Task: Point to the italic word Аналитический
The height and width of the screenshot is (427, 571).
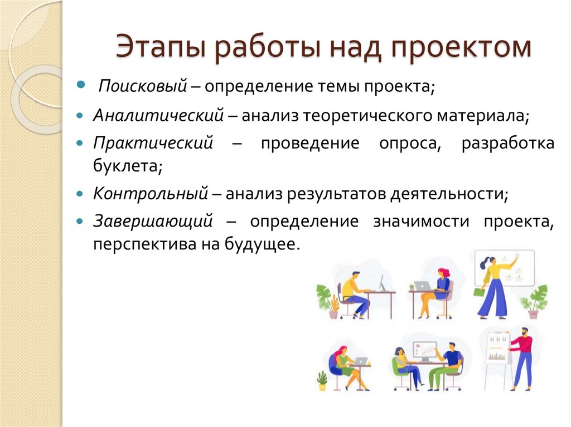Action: tap(158, 116)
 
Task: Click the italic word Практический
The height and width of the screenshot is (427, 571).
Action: tap(153, 143)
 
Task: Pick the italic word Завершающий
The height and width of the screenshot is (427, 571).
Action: tap(153, 221)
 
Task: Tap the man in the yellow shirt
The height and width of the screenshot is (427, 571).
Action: tap(354, 292)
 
